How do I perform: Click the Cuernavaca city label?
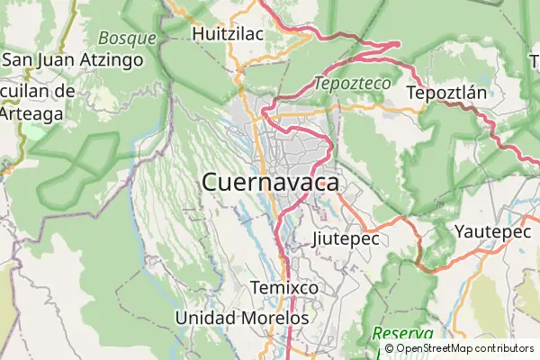point(271,183)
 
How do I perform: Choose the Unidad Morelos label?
point(242,318)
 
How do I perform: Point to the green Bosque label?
point(127,39)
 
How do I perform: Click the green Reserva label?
point(401,334)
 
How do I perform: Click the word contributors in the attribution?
point(505,348)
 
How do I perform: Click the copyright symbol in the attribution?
point(389,348)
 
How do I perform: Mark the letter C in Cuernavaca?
point(211,183)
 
